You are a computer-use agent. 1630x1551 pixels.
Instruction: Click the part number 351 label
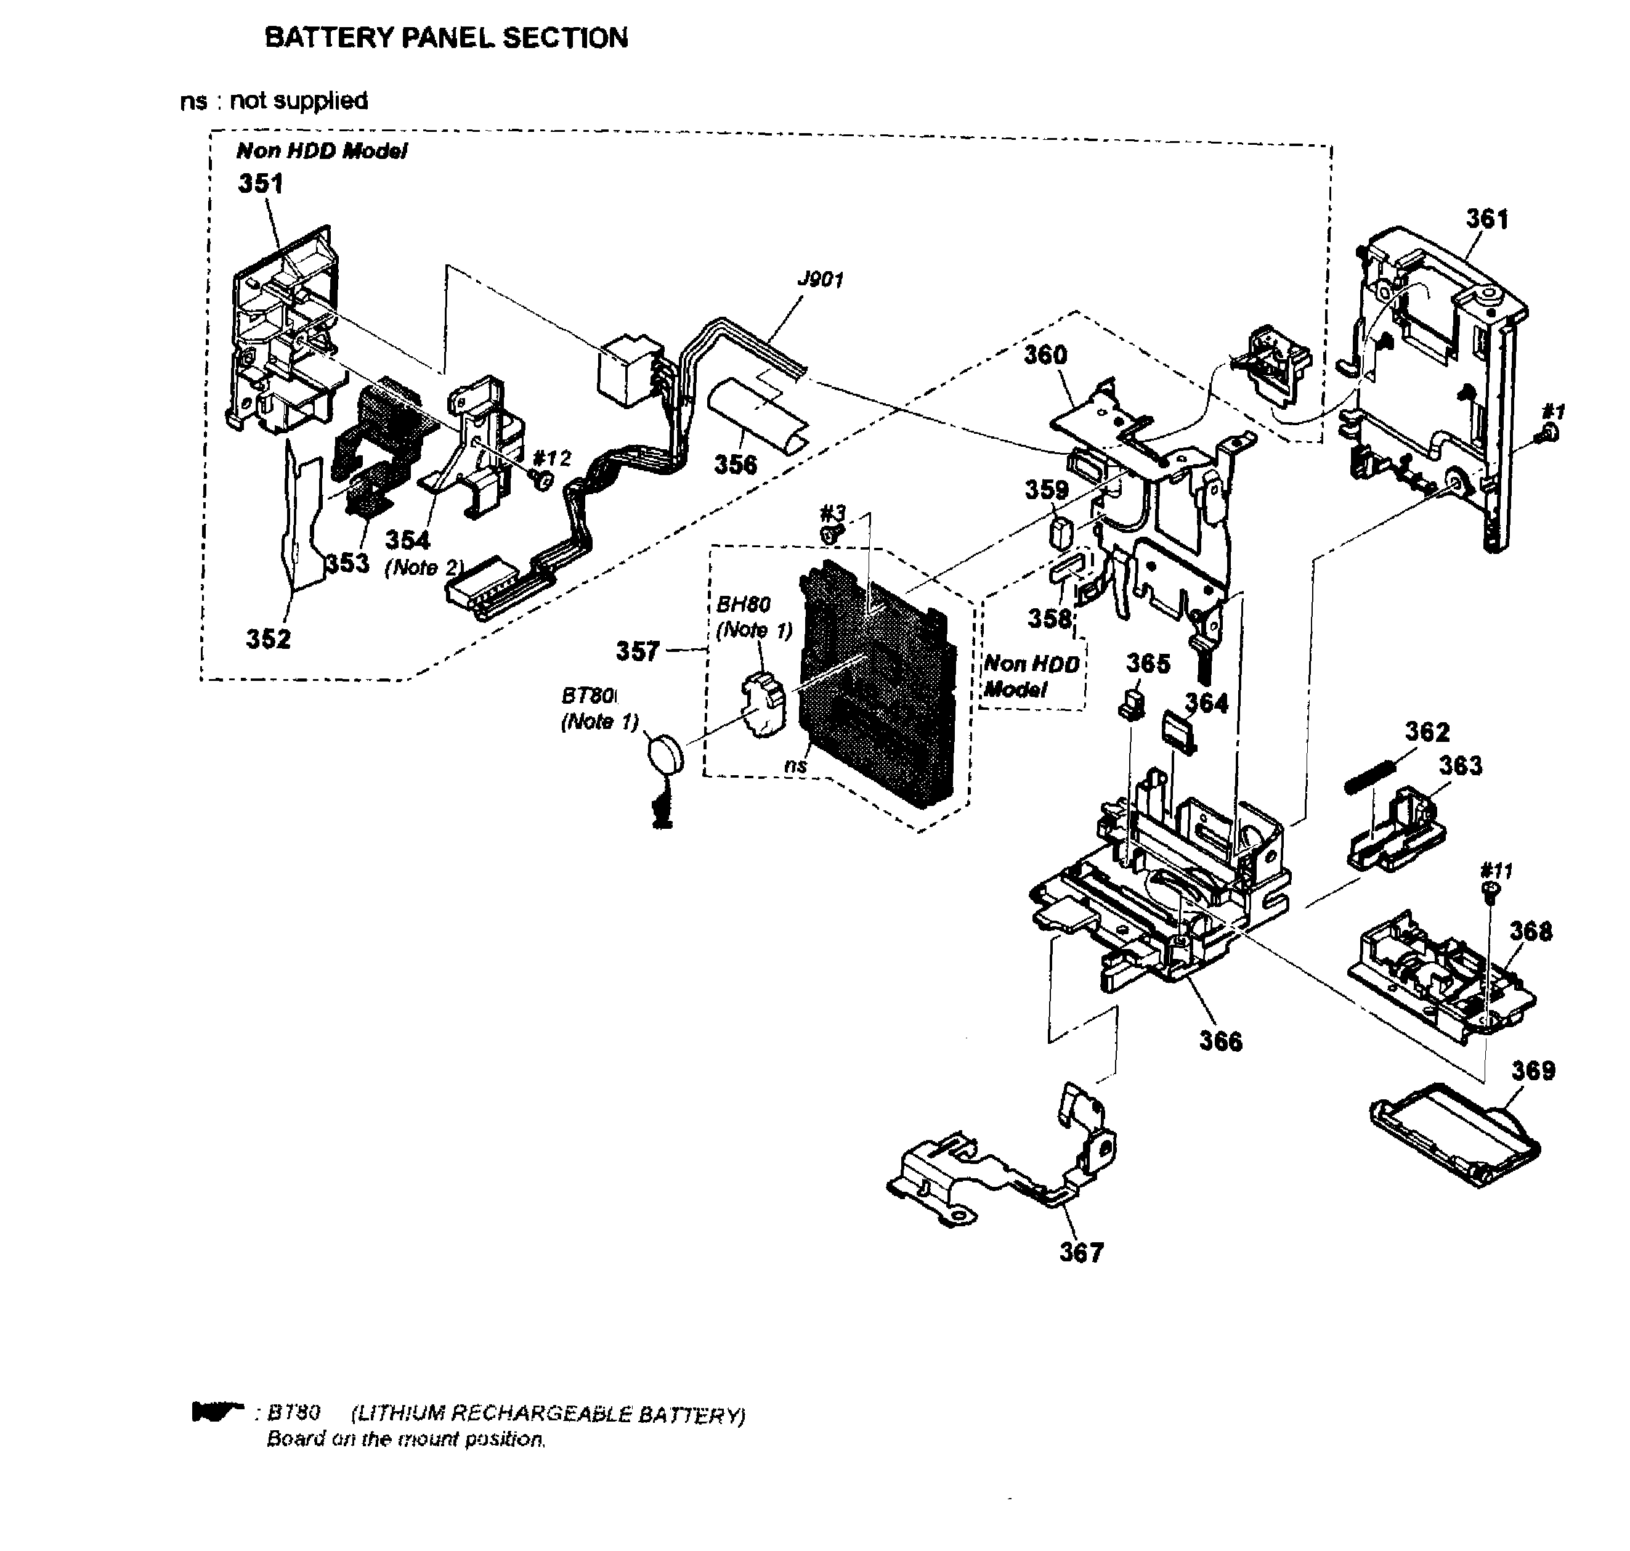click(x=261, y=183)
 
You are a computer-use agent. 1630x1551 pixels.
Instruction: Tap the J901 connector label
click(x=819, y=279)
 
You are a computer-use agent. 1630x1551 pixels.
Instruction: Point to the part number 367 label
click(x=1081, y=1253)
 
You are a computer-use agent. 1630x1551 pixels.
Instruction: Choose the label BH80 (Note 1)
click(x=752, y=617)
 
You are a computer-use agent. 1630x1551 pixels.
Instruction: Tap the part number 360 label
click(x=1045, y=355)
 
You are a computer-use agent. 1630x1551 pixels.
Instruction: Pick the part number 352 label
click(x=268, y=638)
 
